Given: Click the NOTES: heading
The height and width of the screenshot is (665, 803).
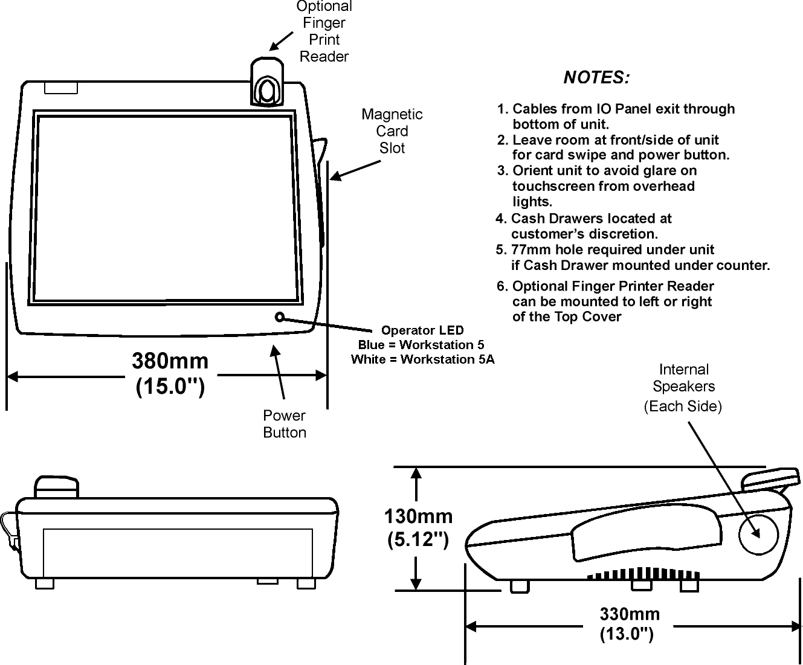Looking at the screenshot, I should click(x=596, y=78).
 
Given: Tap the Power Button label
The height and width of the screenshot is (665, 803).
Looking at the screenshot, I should click(x=285, y=424).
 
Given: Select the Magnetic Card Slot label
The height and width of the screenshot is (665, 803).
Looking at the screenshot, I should click(x=392, y=131).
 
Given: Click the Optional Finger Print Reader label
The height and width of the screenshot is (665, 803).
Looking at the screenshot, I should click(x=324, y=31).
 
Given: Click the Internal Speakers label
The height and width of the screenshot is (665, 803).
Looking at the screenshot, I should click(x=683, y=387).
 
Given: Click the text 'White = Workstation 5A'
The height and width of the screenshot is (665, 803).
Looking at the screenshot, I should click(x=422, y=360).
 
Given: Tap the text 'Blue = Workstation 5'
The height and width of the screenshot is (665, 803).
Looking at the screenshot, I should click(x=421, y=345).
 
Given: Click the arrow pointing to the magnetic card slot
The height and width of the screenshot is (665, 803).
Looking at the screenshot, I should click(x=355, y=170).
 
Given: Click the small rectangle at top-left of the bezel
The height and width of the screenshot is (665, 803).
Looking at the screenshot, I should click(x=61, y=88).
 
